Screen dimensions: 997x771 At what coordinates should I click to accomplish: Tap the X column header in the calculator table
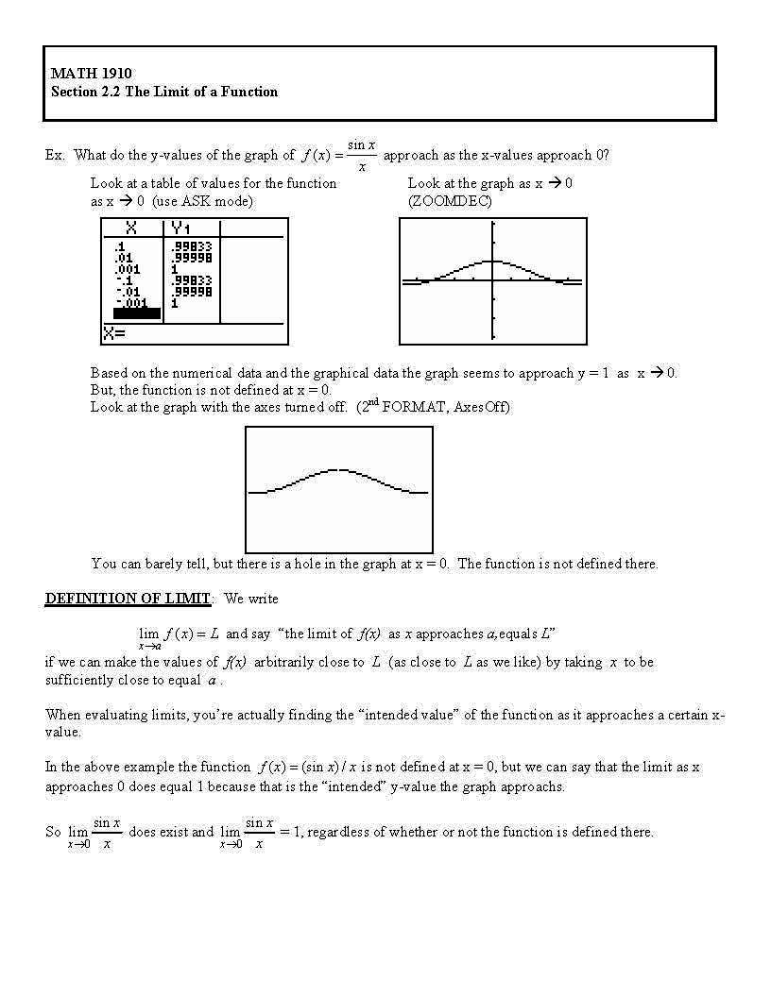(131, 228)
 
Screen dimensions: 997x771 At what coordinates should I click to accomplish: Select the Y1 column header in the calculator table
(180, 228)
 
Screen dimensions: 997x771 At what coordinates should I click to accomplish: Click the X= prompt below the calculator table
(115, 333)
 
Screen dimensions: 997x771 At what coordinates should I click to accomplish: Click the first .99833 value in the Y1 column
(191, 246)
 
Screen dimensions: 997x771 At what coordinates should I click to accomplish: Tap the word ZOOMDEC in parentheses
(450, 201)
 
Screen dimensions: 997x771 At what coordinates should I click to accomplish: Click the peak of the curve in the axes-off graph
(337, 469)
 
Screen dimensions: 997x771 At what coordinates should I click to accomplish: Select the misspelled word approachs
(534, 786)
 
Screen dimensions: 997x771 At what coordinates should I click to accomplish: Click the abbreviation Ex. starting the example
(55, 155)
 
